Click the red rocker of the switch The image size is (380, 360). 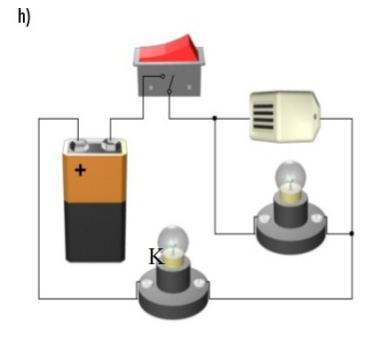coord(170,49)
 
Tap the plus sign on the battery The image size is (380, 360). coord(80,171)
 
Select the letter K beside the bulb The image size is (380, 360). coord(157,256)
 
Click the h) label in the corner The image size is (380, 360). coord(24,17)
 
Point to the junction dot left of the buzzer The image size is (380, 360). coord(214,118)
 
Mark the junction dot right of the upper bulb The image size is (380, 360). coord(352,233)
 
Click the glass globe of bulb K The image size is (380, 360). coord(173,240)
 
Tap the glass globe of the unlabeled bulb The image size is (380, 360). coord(290,176)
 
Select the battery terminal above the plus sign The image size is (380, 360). coord(79,145)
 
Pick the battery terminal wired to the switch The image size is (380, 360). coord(111,144)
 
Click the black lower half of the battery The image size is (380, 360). coord(96,231)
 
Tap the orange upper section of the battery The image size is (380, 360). coord(95,178)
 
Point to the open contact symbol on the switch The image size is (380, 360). coord(168,84)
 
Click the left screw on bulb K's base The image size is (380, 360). coord(147,283)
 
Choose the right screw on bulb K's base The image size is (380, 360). coord(198,283)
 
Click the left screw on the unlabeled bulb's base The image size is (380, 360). coord(264,218)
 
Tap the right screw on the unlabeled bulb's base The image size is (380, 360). coord(316,218)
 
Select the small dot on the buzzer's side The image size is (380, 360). coord(315,117)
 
